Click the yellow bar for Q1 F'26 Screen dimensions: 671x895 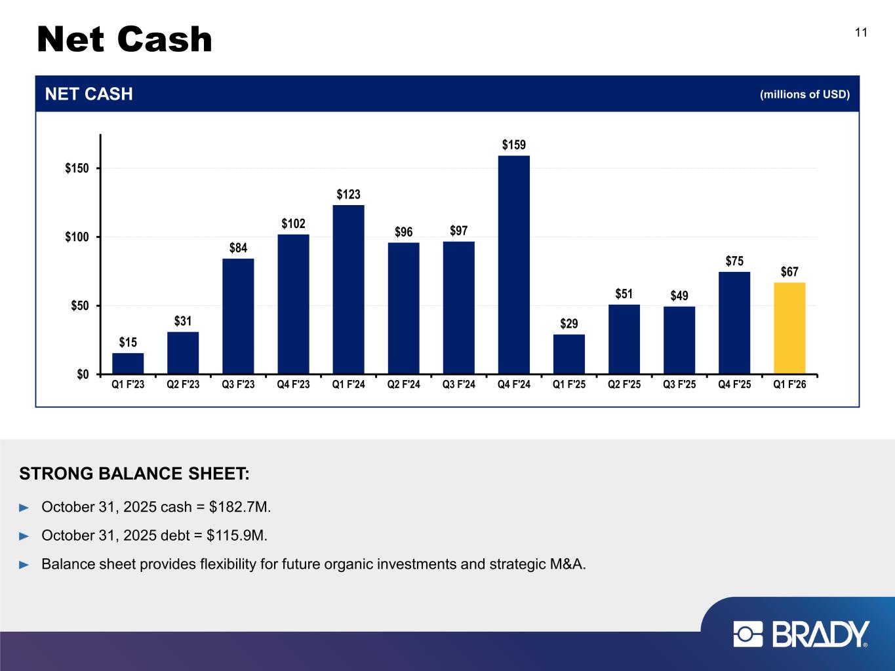click(x=789, y=328)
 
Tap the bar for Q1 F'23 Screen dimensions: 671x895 click(x=128, y=364)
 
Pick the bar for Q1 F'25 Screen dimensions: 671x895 click(x=569, y=354)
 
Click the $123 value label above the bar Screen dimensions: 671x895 click(x=349, y=195)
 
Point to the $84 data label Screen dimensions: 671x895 click(x=238, y=248)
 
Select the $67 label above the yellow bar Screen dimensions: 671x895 click(x=789, y=272)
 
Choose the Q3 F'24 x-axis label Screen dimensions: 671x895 click(x=458, y=385)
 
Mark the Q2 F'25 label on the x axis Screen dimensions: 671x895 click(x=624, y=385)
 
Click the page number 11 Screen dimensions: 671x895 click(x=861, y=33)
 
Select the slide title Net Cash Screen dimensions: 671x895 click(x=125, y=40)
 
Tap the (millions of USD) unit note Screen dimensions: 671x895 click(x=805, y=94)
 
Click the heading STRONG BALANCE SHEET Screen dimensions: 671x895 click(x=134, y=473)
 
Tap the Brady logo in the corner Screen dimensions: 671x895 click(x=801, y=634)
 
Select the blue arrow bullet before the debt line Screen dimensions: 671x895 click(x=25, y=535)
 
